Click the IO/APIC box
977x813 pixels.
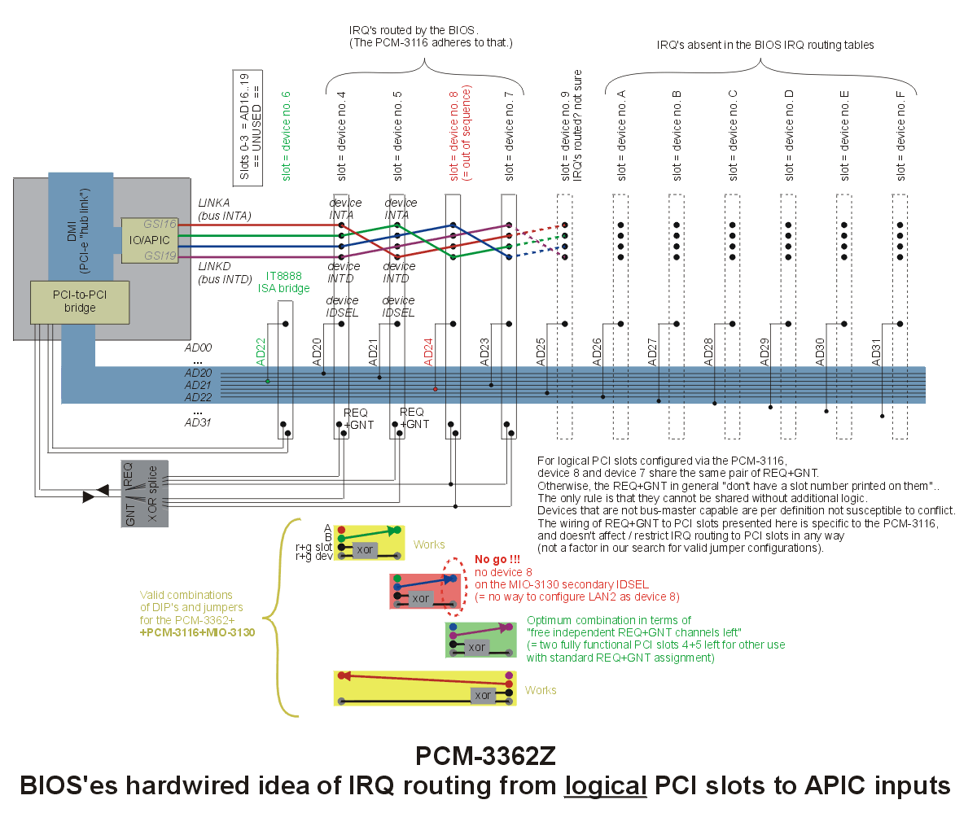pyautogui.click(x=150, y=240)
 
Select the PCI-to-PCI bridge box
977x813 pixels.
pyautogui.click(x=80, y=302)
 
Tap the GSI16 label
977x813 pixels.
pyautogui.click(x=160, y=224)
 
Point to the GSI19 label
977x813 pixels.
pyautogui.click(x=160, y=256)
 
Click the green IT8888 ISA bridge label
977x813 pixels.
pyautogui.click(x=283, y=282)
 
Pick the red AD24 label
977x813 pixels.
pyautogui.click(x=428, y=352)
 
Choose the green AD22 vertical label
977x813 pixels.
pyautogui.click(x=261, y=352)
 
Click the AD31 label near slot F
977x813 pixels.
pyautogui.click(x=876, y=352)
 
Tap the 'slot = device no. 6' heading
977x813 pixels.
pyautogui.click(x=286, y=136)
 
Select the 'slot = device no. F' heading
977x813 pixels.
pyautogui.click(x=900, y=136)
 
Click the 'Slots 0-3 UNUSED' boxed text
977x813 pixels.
pyautogui.click(x=248, y=128)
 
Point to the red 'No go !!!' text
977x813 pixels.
pyautogui.click(x=497, y=559)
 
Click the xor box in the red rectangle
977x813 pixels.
pyautogui.click(x=420, y=598)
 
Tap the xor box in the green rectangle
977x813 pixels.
pyautogui.click(x=476, y=647)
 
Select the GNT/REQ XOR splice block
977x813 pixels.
pyautogui.click(x=145, y=493)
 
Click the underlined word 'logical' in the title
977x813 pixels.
pyautogui.click(x=605, y=785)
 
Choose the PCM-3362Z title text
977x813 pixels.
pyautogui.click(x=485, y=755)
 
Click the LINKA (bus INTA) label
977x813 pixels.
pyautogui.click(x=225, y=209)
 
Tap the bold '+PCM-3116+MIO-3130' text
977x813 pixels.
pyautogui.click(x=198, y=632)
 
